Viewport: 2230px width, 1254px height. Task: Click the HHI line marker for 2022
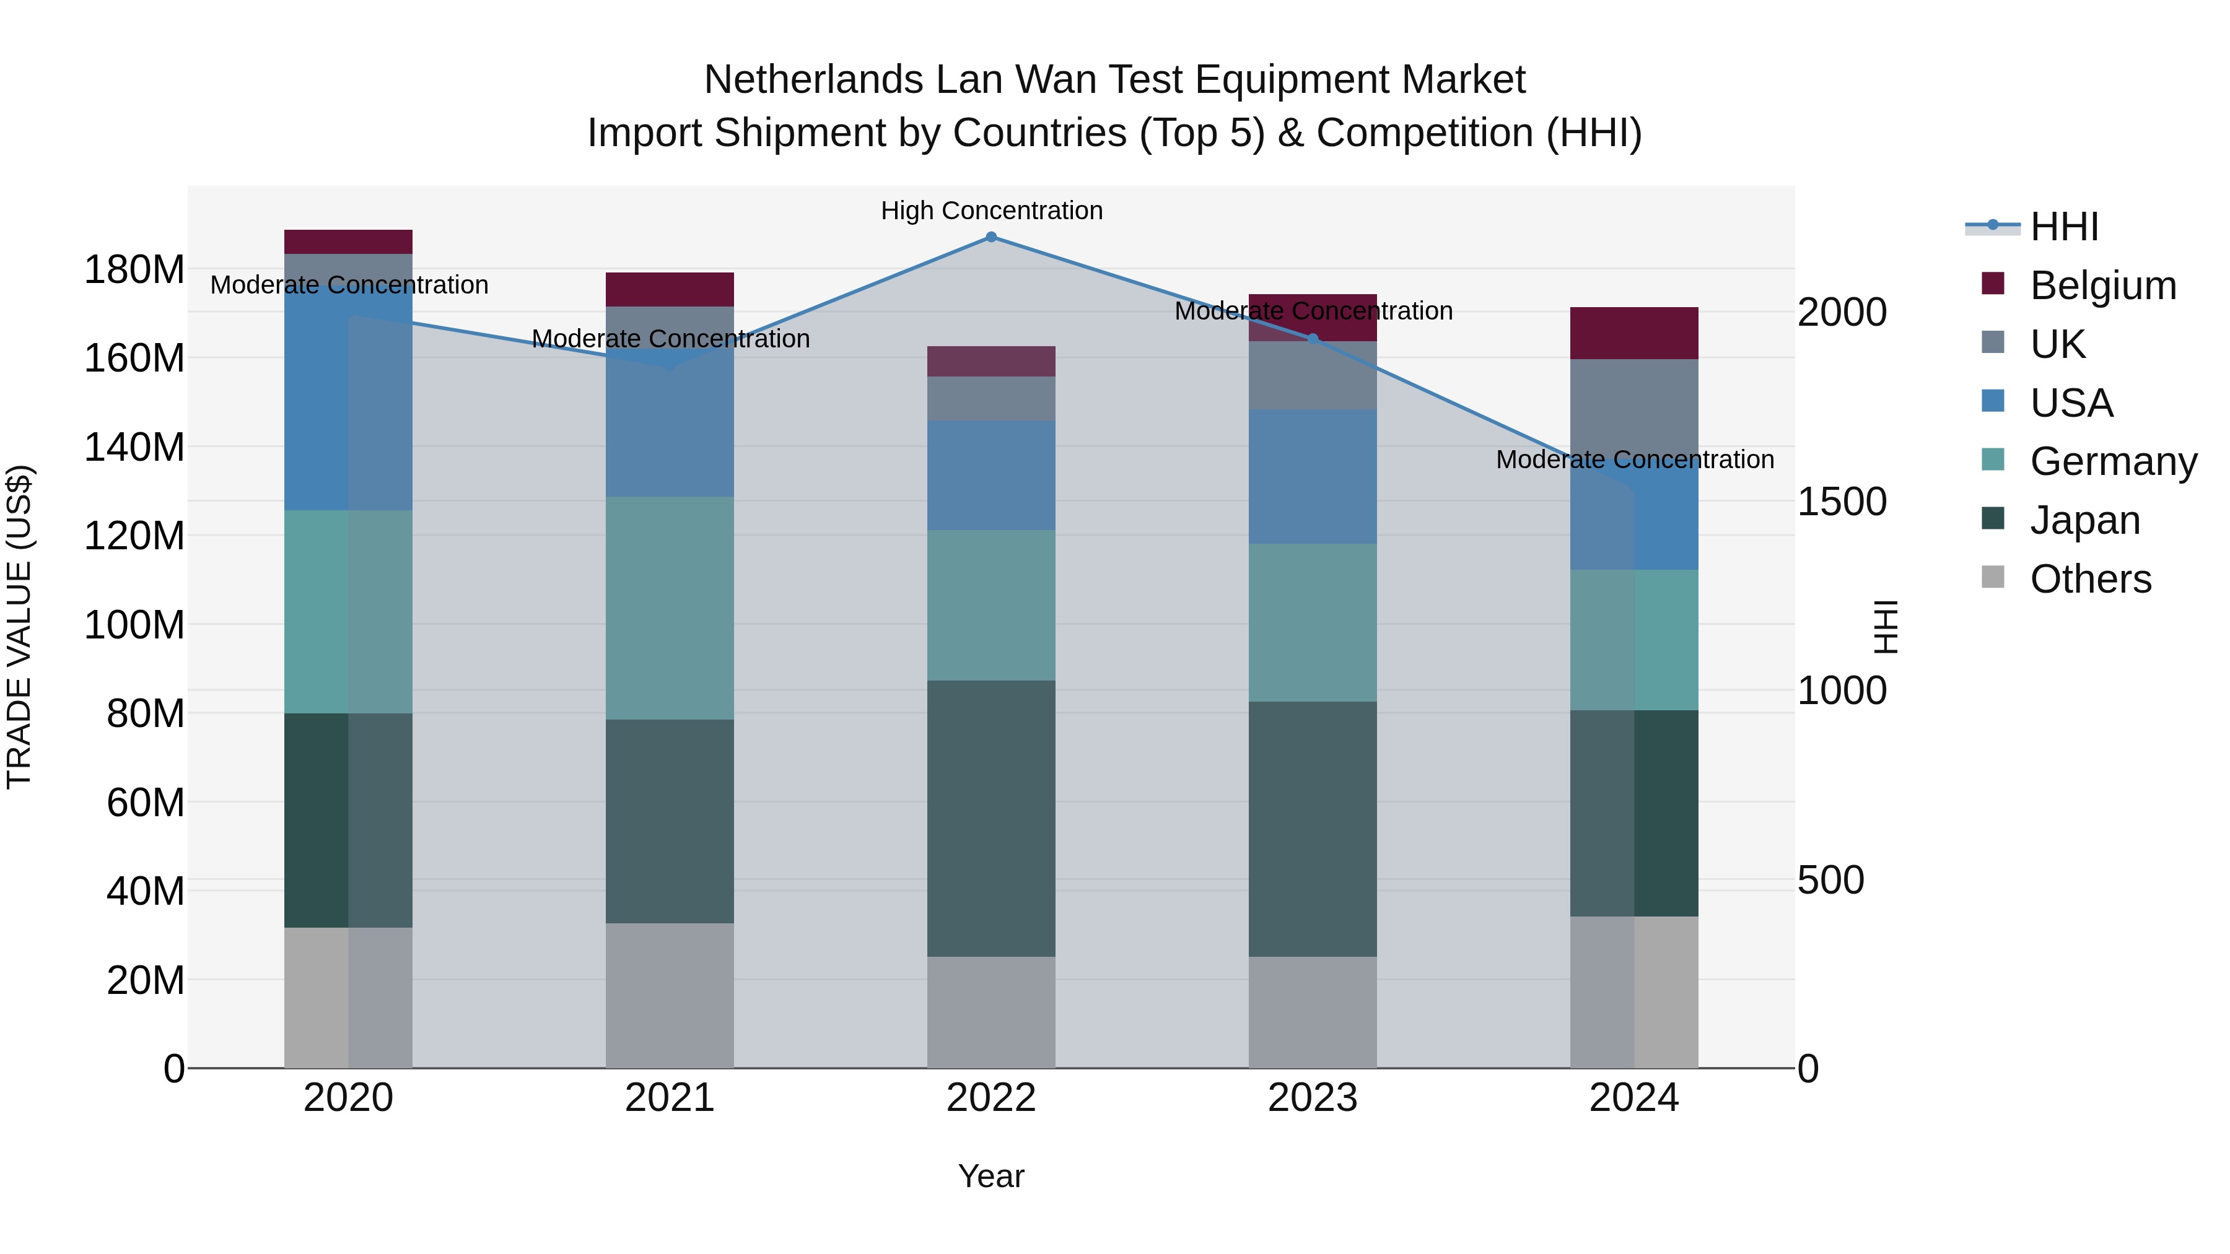(x=991, y=237)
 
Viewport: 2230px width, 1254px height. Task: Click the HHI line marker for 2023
(x=1313, y=338)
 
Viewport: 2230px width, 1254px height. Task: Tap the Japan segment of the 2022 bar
(x=991, y=818)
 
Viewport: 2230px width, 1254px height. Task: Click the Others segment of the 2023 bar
(x=1313, y=1012)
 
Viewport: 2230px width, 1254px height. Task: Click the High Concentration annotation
(x=991, y=211)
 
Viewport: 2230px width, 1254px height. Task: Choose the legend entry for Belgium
(x=2102, y=285)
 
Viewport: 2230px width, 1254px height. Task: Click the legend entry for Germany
(x=2112, y=461)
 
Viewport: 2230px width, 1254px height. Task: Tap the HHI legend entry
(x=2063, y=227)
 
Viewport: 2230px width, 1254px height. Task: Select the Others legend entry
(x=2090, y=579)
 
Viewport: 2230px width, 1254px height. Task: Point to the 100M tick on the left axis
(x=134, y=625)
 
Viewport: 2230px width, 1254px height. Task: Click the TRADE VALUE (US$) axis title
(x=19, y=627)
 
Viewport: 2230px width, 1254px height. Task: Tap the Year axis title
(x=991, y=1176)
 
